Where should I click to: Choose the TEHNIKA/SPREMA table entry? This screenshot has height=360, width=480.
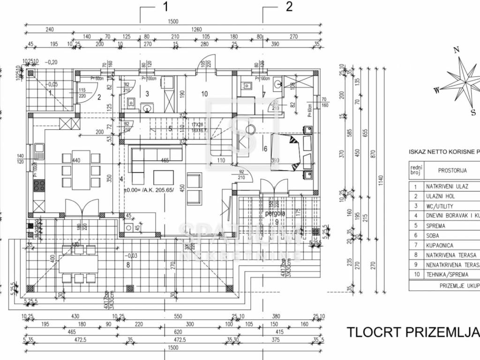tap(448, 274)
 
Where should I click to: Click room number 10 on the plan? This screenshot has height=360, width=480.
tap(204, 94)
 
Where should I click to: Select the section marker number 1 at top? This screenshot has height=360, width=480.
tap(165, 7)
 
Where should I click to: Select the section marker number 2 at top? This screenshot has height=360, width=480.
tap(289, 7)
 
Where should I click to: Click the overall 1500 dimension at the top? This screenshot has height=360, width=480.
tap(173, 22)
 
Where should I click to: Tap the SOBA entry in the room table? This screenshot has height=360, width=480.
tap(432, 235)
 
